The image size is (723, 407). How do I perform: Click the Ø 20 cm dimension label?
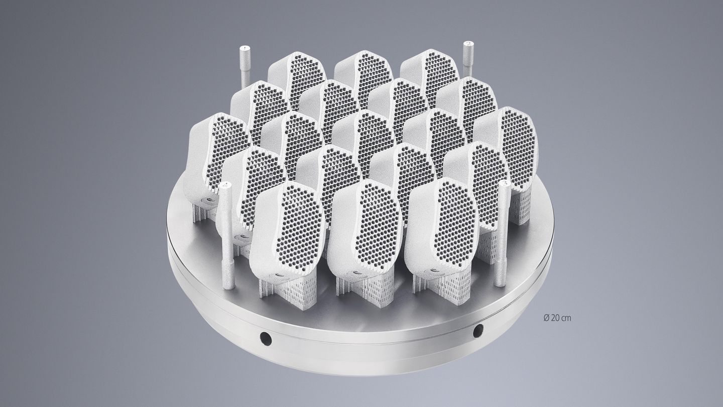point(557,318)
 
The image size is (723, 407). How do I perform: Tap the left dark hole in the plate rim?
point(266,339)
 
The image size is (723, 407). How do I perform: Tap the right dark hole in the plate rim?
point(478,331)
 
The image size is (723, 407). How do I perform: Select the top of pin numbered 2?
point(468,44)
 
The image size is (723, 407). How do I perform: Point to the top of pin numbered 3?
point(505,184)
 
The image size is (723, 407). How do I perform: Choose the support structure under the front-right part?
point(447,286)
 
